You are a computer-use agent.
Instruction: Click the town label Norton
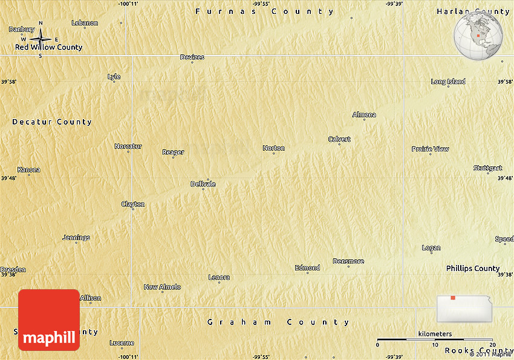click(x=273, y=148)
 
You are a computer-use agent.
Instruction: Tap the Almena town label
click(x=364, y=115)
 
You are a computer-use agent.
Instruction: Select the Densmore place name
click(x=348, y=261)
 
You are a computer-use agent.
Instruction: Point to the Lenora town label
click(x=219, y=277)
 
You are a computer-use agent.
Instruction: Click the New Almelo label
click(x=162, y=287)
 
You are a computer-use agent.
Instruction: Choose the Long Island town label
click(x=448, y=82)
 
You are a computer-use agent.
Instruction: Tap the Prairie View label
click(x=430, y=149)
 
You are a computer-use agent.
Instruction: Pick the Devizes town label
click(x=192, y=57)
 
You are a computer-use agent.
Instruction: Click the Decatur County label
click(x=52, y=122)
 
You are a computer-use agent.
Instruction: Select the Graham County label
click(x=278, y=322)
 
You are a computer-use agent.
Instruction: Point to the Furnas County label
click(x=264, y=11)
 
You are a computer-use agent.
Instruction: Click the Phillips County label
click(x=473, y=268)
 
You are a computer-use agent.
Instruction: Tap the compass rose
click(x=41, y=40)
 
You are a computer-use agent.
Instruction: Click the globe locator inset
click(x=478, y=35)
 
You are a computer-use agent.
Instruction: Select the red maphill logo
click(x=49, y=320)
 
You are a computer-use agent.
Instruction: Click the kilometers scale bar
click(x=435, y=340)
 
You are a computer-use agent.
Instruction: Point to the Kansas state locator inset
click(x=464, y=308)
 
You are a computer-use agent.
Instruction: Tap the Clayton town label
click(x=133, y=205)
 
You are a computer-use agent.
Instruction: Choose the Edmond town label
click(x=307, y=267)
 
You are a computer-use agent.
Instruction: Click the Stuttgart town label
click(x=487, y=168)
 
